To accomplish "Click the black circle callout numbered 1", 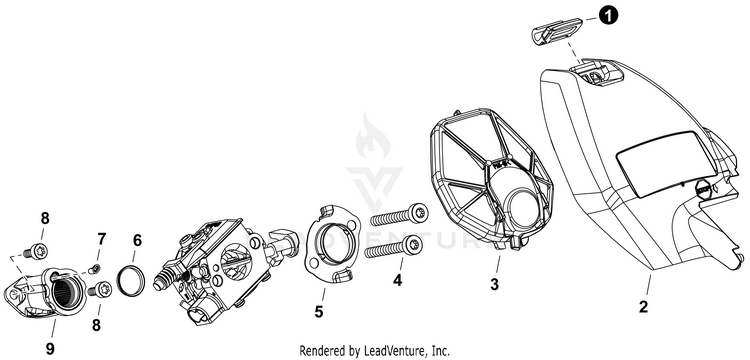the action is [x=608, y=16].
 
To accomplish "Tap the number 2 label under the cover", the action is [x=644, y=306].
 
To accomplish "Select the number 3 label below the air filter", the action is [x=495, y=284].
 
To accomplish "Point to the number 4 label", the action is [x=397, y=280].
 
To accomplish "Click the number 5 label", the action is [x=319, y=312].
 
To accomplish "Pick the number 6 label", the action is [x=137, y=240].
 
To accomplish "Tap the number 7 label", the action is [x=101, y=239].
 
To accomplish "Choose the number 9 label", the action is [x=50, y=349].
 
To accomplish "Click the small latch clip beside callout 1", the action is [x=557, y=31].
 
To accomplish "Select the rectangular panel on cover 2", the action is [x=667, y=164].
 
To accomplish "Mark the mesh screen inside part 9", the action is [x=62, y=292].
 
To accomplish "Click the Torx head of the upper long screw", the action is [x=419, y=212].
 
